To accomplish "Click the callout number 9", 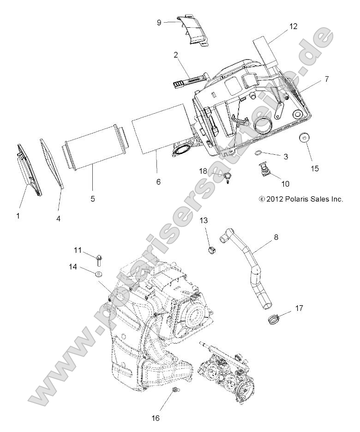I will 159,22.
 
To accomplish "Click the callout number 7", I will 326,79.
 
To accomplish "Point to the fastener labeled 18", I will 228,176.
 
